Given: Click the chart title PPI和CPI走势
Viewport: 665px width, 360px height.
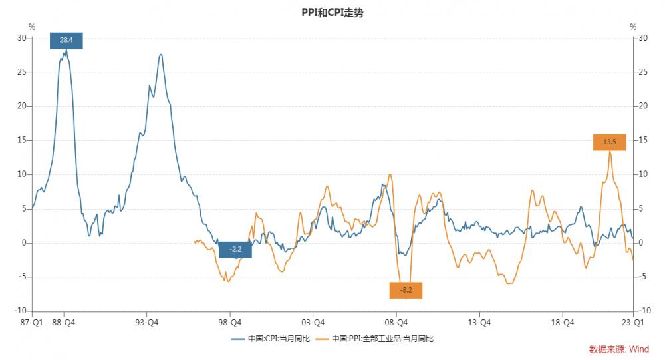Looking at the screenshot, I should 332,13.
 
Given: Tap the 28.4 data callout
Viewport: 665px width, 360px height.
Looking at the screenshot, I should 66,40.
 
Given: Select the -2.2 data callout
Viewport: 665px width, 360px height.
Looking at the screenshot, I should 235,250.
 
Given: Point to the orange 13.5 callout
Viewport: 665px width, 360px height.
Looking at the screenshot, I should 610,142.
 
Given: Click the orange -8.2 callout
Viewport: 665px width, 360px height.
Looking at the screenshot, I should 406,290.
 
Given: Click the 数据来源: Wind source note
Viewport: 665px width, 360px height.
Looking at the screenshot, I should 618,349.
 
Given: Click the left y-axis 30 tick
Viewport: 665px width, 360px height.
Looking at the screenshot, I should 21,38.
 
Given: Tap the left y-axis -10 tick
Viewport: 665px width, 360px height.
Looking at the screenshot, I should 20,311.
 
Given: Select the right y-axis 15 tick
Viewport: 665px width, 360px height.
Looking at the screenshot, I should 643,140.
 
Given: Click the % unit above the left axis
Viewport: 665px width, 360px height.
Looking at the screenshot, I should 31,27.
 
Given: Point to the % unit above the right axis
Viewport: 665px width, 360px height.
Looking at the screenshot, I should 633,27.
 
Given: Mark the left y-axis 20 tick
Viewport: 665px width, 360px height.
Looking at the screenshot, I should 21,106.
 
